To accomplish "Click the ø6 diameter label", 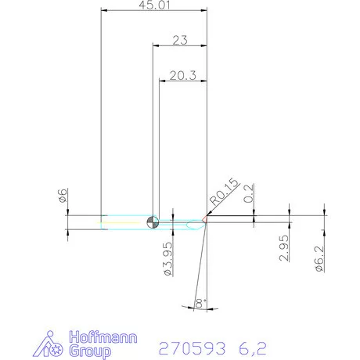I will [x=62, y=198].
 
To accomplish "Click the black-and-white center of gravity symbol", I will [x=153, y=222].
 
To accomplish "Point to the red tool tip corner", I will [x=206, y=221].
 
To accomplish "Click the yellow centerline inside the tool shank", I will [x=125, y=222].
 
